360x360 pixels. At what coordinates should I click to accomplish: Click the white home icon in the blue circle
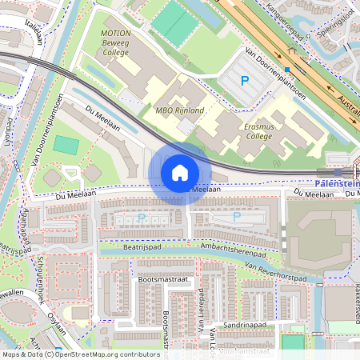point(180,172)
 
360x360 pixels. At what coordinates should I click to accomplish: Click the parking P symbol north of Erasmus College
point(246,80)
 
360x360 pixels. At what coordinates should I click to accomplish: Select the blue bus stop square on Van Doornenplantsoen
point(287,70)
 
